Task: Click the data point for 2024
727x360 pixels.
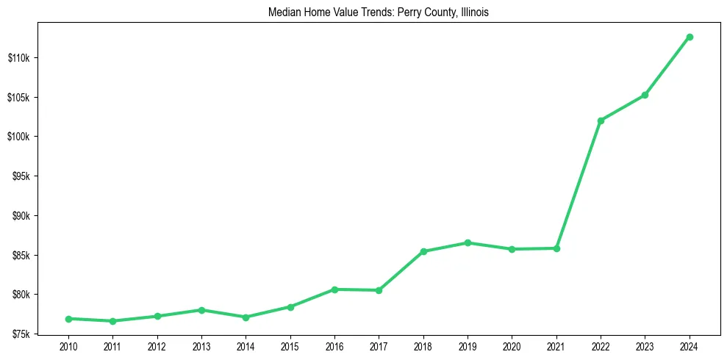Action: pos(690,37)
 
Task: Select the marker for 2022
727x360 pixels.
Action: pos(601,120)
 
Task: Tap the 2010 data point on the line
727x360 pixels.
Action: pos(68,319)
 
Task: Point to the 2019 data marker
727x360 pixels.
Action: pos(468,242)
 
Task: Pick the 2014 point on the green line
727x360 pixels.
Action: pos(246,317)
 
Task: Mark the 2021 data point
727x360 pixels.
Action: pos(556,248)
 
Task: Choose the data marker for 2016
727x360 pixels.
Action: pos(334,289)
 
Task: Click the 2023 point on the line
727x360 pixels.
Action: pos(645,95)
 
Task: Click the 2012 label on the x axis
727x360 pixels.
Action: pos(157,346)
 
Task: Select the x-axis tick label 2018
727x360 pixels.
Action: pos(423,346)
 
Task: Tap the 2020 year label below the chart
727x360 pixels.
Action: pos(512,346)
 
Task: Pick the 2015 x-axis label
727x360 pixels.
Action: pos(290,346)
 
